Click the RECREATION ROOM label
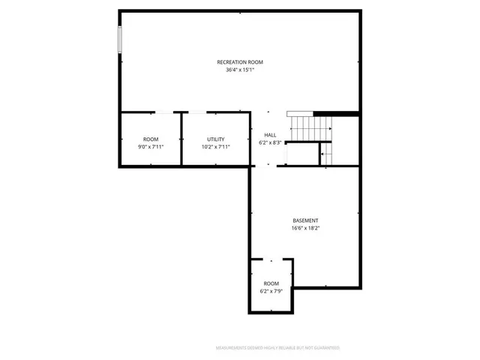pyautogui.click(x=240, y=61)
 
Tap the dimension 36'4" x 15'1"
pyautogui.click(x=240, y=70)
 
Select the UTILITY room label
pyautogui.click(x=216, y=139)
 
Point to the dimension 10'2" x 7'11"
pyautogui.click(x=216, y=147)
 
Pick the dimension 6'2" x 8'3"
pyautogui.click(x=270, y=142)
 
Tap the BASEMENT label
pyautogui.click(x=305, y=220)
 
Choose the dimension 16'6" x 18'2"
pyautogui.click(x=305, y=228)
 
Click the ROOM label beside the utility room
pyautogui.click(x=151, y=139)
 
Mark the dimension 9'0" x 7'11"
pyautogui.click(x=151, y=147)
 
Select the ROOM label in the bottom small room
pyautogui.click(x=271, y=283)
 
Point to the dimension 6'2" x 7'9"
pyautogui.click(x=271, y=290)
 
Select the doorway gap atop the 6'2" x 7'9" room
pyautogui.click(x=271, y=259)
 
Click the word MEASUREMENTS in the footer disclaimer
pyautogui.click(x=232, y=348)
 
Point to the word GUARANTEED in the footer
pyautogui.click(x=325, y=348)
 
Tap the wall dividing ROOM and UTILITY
pyautogui.click(x=181, y=139)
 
